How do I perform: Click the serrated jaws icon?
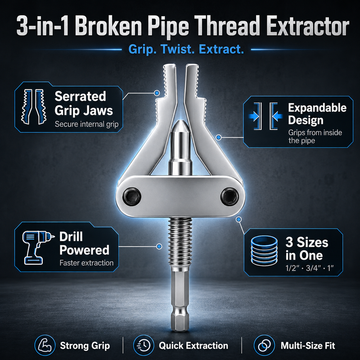34,106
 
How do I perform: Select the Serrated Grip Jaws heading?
84,103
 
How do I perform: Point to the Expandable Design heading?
317,114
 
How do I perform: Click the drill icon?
38,247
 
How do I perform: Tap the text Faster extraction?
86,263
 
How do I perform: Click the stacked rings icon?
264,251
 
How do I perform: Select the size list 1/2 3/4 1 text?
310,268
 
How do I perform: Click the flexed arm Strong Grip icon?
45,345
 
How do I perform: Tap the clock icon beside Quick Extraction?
144,345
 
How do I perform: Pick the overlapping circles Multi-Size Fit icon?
264,345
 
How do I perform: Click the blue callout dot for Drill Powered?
159,247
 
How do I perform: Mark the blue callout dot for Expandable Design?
219,137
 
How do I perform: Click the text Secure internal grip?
86,124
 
